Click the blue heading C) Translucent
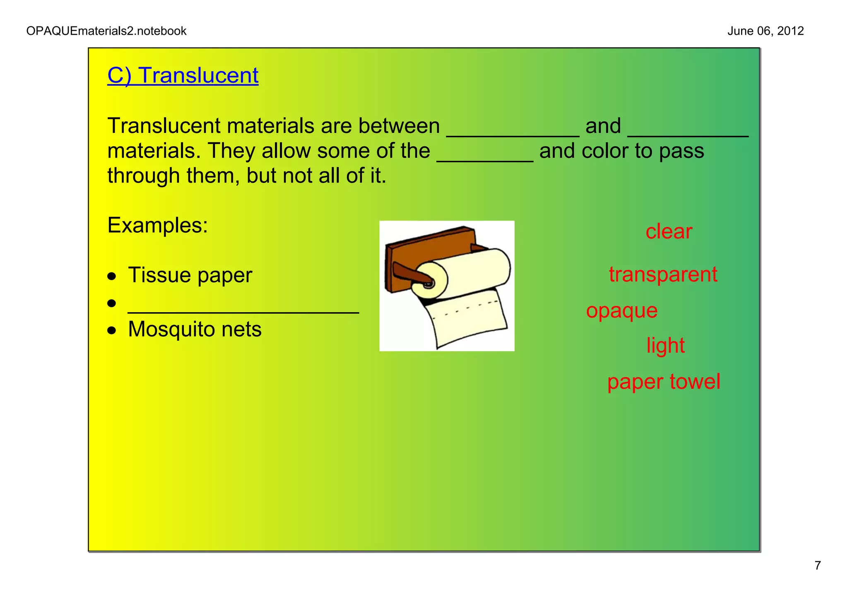[x=183, y=76]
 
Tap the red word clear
[x=668, y=231]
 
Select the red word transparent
[x=662, y=274]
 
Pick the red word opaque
[x=622, y=311]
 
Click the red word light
[x=665, y=346]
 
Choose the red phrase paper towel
[x=663, y=382]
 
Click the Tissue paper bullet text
[x=190, y=275]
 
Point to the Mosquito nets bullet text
[x=195, y=330]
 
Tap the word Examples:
[x=157, y=226]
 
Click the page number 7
[x=817, y=565]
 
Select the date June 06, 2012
[x=765, y=31]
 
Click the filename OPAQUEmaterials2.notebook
[x=106, y=31]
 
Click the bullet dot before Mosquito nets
[x=111, y=330]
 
